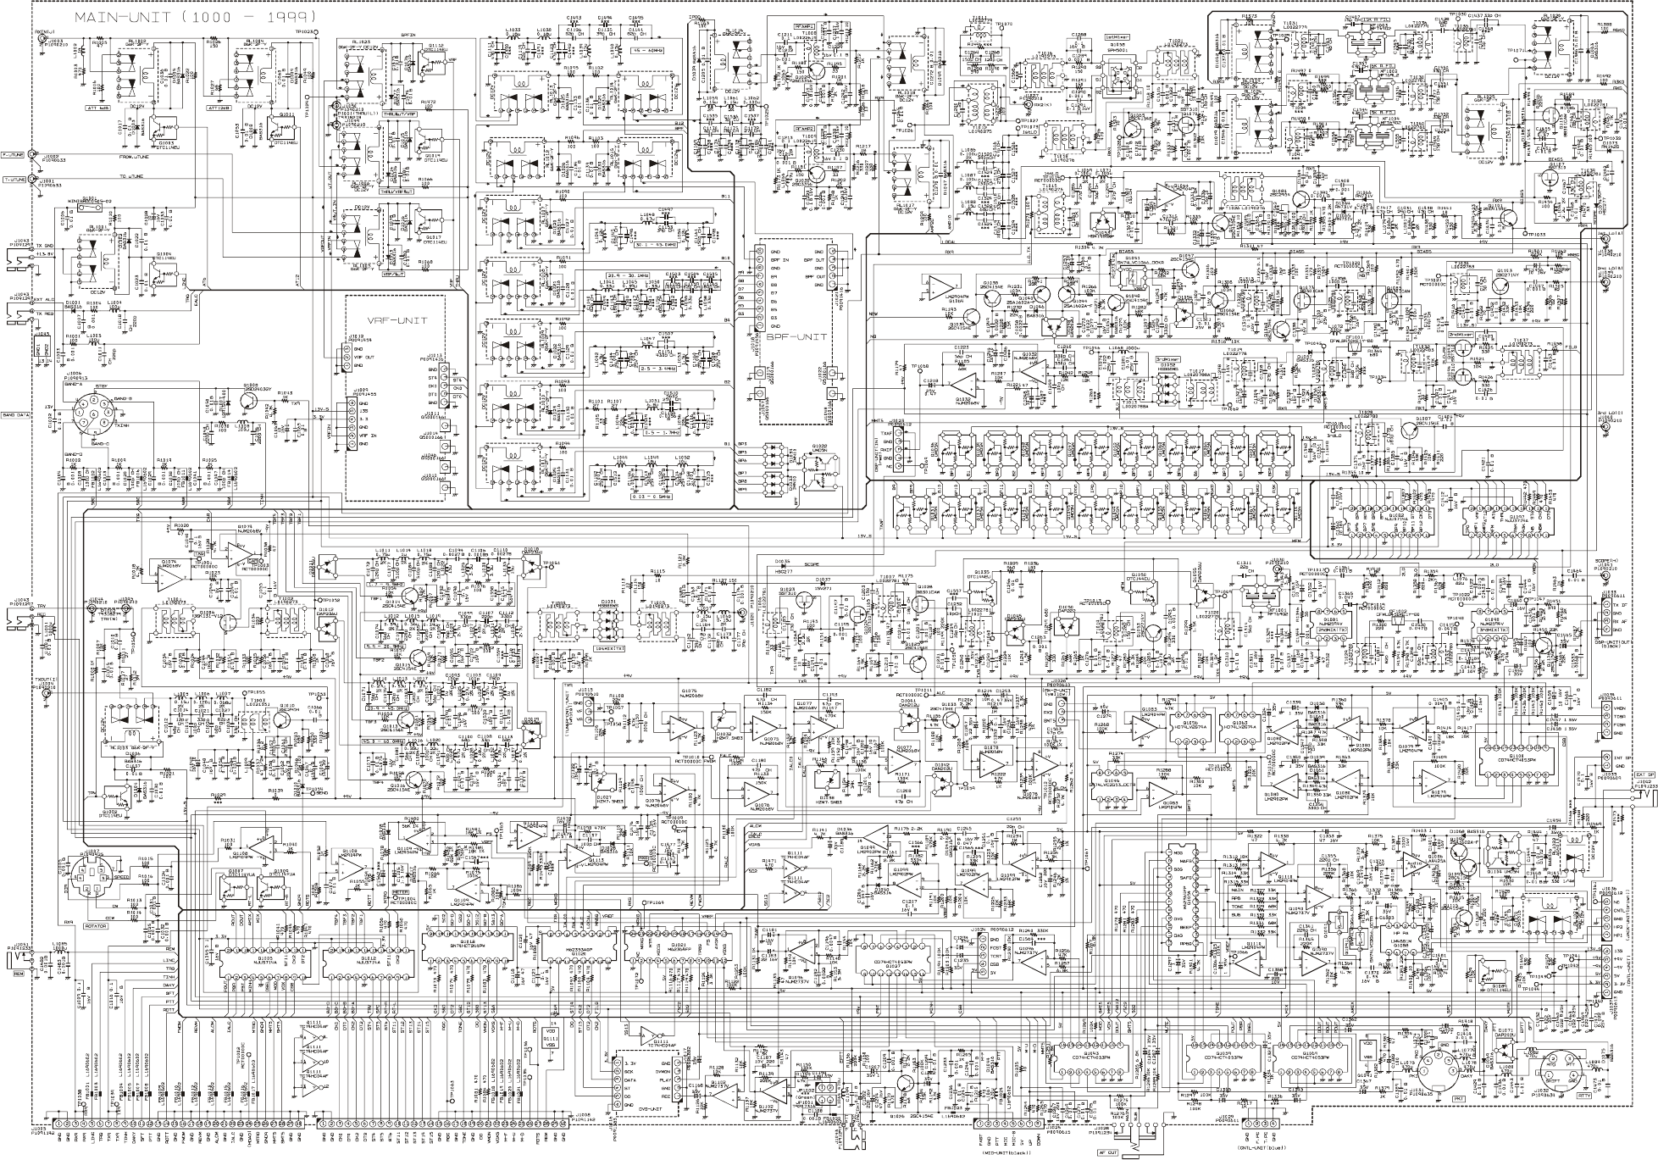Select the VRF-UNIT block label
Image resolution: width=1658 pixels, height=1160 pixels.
click(397, 320)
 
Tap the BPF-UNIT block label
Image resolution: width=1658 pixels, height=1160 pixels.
click(796, 336)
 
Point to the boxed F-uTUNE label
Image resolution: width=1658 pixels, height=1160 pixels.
click(14, 155)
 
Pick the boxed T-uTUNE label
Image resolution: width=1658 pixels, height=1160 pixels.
click(14, 180)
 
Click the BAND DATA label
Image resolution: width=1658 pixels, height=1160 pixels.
click(14, 415)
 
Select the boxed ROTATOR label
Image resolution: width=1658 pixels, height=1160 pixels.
click(97, 926)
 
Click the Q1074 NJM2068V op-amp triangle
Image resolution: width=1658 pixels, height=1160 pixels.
click(166, 576)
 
